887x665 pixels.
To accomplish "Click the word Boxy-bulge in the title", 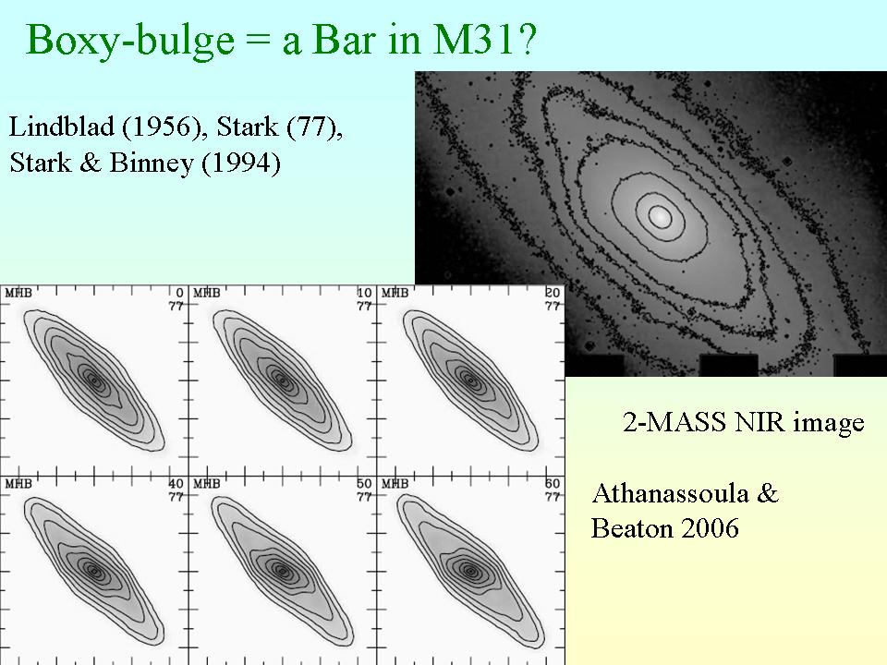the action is pos(129,41).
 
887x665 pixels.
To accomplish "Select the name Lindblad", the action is pos(61,127).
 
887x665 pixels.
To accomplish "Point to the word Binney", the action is pos(152,163).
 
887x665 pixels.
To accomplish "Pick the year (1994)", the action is pos(241,163).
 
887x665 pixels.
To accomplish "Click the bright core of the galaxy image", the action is pos(660,216).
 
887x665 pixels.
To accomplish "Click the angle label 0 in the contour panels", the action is pos(180,293).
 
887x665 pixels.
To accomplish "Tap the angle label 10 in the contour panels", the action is pos(364,293).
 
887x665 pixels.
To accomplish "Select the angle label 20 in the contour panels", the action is pos(553,293).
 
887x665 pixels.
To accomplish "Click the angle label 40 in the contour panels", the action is pos(176,484).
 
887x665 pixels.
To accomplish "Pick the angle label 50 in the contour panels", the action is pos(364,484).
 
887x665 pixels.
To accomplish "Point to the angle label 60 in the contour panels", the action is pos(553,484).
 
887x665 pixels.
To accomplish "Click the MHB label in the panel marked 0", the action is pos(18,293).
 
